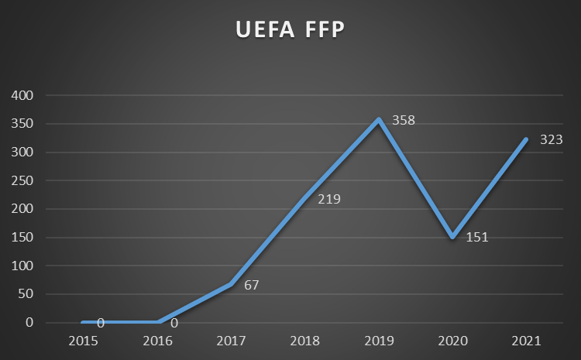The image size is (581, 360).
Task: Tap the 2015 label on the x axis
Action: click(x=83, y=341)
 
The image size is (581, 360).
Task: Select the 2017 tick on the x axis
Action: click(x=231, y=341)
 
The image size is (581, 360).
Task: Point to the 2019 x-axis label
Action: click(x=379, y=341)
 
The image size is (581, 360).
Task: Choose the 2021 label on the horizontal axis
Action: click(x=527, y=341)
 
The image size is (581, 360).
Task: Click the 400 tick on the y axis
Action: click(x=23, y=96)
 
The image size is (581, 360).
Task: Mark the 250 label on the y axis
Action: click(x=23, y=180)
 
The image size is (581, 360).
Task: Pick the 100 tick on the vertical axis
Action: click(x=23, y=266)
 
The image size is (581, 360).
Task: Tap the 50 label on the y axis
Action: click(x=26, y=294)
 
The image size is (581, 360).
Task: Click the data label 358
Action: click(x=404, y=122)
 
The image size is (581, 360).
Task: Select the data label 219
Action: click(x=329, y=199)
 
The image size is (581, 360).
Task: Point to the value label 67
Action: click(x=251, y=285)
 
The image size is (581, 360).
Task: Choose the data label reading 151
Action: click(x=477, y=237)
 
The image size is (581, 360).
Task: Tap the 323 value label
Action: click(x=551, y=140)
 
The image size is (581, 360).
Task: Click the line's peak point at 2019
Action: click(x=379, y=119)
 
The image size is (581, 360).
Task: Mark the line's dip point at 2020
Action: click(x=452, y=237)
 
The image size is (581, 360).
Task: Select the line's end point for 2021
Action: click(x=527, y=139)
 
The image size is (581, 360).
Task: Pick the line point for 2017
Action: click(x=231, y=284)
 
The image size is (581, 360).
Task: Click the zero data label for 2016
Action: click(x=174, y=324)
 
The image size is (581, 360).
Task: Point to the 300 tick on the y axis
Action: click(x=23, y=153)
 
